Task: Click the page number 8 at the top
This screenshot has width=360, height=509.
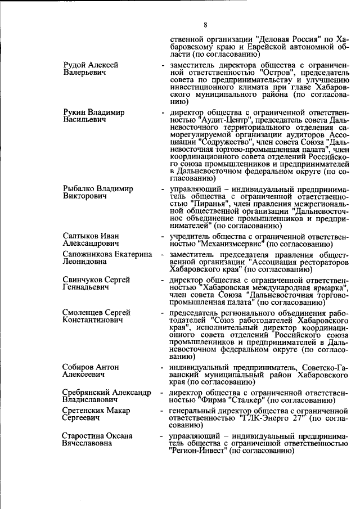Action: (x=206, y=25)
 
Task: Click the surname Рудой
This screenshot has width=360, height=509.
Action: (x=75, y=65)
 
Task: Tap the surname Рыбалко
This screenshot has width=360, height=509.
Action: (x=79, y=189)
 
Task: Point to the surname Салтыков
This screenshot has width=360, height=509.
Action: (x=80, y=236)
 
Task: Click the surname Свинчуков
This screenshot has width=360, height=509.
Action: (x=83, y=280)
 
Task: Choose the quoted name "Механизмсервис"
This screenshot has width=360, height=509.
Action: (x=231, y=244)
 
